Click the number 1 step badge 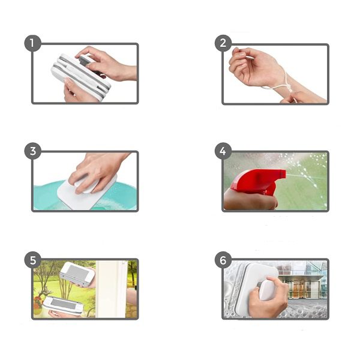pyautogui.click(x=32, y=43)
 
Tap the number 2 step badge pyautogui.click(x=223, y=43)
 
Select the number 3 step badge pyautogui.click(x=32, y=151)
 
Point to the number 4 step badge pyautogui.click(x=223, y=151)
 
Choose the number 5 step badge pyautogui.click(x=32, y=260)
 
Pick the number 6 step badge pyautogui.click(x=223, y=260)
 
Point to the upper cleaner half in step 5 pyautogui.click(x=77, y=274)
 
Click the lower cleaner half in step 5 pyautogui.click(x=63, y=305)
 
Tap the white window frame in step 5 pyautogui.click(x=112, y=289)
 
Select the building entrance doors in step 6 pyautogui.click(x=298, y=288)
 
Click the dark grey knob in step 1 pyautogui.click(x=85, y=61)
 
